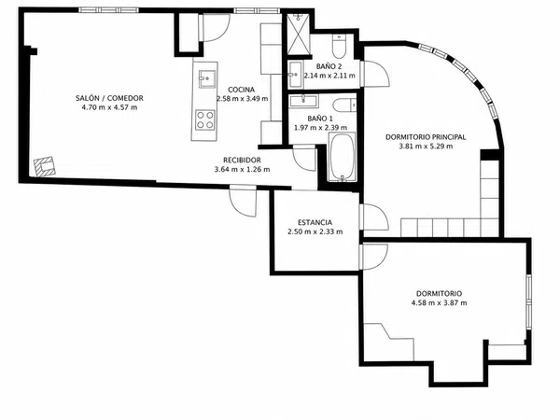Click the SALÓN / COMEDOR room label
[x=109, y=98]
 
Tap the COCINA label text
[x=242, y=90]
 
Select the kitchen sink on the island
[x=207, y=78]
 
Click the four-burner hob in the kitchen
[x=205, y=120]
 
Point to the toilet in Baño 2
[x=338, y=46]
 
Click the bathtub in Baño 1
[x=342, y=157]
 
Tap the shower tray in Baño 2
[x=299, y=35]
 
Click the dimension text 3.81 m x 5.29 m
[x=426, y=147]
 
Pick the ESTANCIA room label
[x=315, y=222]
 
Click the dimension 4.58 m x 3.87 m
[x=439, y=302]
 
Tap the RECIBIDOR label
[x=242, y=160]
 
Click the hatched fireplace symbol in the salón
[x=45, y=166]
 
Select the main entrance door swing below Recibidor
[x=243, y=202]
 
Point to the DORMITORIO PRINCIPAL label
[x=426, y=137]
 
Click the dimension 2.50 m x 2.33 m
[x=315, y=231]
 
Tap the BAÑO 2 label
[x=329, y=66]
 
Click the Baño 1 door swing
[x=304, y=158]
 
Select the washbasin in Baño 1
[x=303, y=101]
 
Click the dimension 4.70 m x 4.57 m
[x=106, y=107]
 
